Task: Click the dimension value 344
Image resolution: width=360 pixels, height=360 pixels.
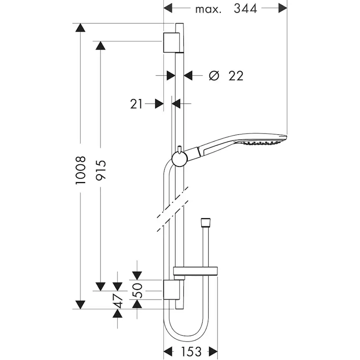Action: click(245, 8)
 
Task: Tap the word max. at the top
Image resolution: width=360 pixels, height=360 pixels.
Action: click(208, 9)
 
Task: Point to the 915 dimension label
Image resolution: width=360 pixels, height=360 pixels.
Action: click(101, 170)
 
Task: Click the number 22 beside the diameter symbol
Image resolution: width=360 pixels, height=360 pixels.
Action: click(235, 76)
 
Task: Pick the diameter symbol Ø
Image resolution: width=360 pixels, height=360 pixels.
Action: click(213, 76)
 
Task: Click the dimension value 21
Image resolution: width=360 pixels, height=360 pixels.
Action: click(137, 103)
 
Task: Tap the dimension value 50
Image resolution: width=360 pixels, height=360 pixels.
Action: click(137, 290)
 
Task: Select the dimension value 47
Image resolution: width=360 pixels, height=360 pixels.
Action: click(117, 300)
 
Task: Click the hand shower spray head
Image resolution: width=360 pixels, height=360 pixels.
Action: click(261, 141)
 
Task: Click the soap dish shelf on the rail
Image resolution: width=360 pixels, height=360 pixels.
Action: click(195, 272)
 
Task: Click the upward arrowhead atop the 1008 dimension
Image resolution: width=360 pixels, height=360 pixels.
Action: click(80, 28)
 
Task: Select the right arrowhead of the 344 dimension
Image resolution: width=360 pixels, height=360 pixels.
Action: click(283, 8)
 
